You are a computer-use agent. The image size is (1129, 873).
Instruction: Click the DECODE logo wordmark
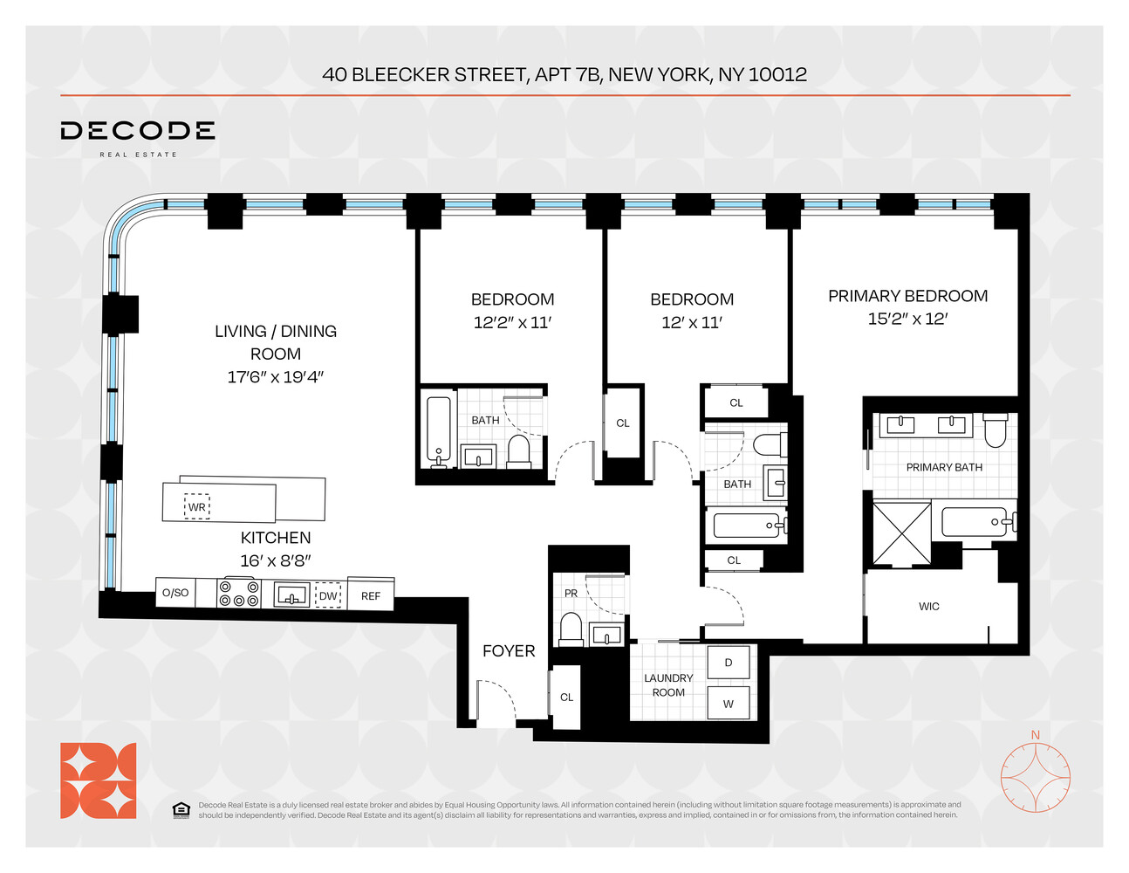[x=137, y=131]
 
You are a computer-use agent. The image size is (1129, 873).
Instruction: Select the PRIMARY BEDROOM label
[x=907, y=296]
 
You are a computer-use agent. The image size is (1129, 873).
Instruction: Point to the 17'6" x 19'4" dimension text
[x=275, y=377]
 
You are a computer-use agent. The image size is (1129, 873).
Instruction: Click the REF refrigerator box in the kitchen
[x=371, y=595]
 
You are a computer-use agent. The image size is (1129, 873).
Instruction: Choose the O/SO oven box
[x=174, y=593]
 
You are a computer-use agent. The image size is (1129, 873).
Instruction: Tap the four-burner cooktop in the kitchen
[x=238, y=594]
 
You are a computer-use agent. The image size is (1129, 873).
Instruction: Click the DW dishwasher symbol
[x=327, y=595]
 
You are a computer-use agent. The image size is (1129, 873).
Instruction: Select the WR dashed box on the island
[x=197, y=507]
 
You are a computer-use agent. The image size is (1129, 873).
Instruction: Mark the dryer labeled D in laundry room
[x=729, y=663]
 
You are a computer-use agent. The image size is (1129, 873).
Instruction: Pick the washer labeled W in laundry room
[x=729, y=703]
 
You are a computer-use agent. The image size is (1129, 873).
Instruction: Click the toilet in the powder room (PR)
[x=571, y=629]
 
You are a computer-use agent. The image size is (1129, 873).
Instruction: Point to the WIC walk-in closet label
[x=928, y=606]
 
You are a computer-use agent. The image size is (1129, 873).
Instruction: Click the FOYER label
[x=509, y=650]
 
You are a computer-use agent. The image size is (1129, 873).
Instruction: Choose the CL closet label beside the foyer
[x=566, y=697]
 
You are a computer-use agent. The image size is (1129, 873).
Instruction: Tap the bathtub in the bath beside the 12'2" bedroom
[x=438, y=429]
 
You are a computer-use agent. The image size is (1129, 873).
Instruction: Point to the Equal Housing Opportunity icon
[x=181, y=810]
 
